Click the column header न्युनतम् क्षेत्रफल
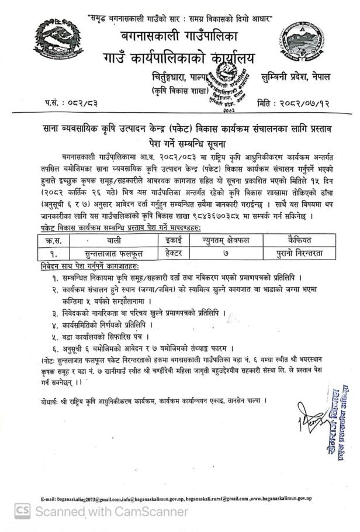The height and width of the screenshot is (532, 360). pyautogui.click(x=223, y=240)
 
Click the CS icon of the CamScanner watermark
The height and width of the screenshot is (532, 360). pyautogui.click(x=22, y=512)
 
